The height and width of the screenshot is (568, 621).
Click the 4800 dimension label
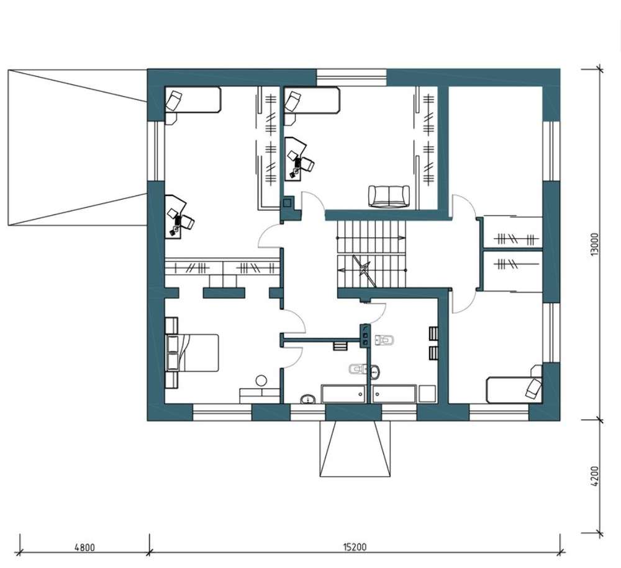click(x=84, y=547)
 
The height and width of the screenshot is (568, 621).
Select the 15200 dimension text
click(x=355, y=547)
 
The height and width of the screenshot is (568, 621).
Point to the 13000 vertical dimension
click(x=594, y=244)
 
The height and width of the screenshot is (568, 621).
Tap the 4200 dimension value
click(x=594, y=477)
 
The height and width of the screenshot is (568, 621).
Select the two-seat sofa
click(x=389, y=196)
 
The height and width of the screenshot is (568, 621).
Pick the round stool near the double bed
click(x=261, y=381)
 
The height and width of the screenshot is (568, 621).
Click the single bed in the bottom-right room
click(x=514, y=390)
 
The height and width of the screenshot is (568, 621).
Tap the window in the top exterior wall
click(x=351, y=78)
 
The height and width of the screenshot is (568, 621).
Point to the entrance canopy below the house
click(x=355, y=448)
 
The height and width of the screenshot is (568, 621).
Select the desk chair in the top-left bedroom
click(x=186, y=222)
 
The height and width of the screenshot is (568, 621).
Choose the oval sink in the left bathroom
click(x=308, y=399)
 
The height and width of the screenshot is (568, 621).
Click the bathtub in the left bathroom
click(x=343, y=394)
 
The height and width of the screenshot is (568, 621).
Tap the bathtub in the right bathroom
click(x=394, y=394)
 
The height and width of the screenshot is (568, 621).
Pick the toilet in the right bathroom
click(x=385, y=340)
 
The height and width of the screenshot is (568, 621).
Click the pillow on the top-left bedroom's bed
click(x=173, y=100)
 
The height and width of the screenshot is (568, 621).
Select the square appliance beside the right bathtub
click(x=427, y=394)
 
